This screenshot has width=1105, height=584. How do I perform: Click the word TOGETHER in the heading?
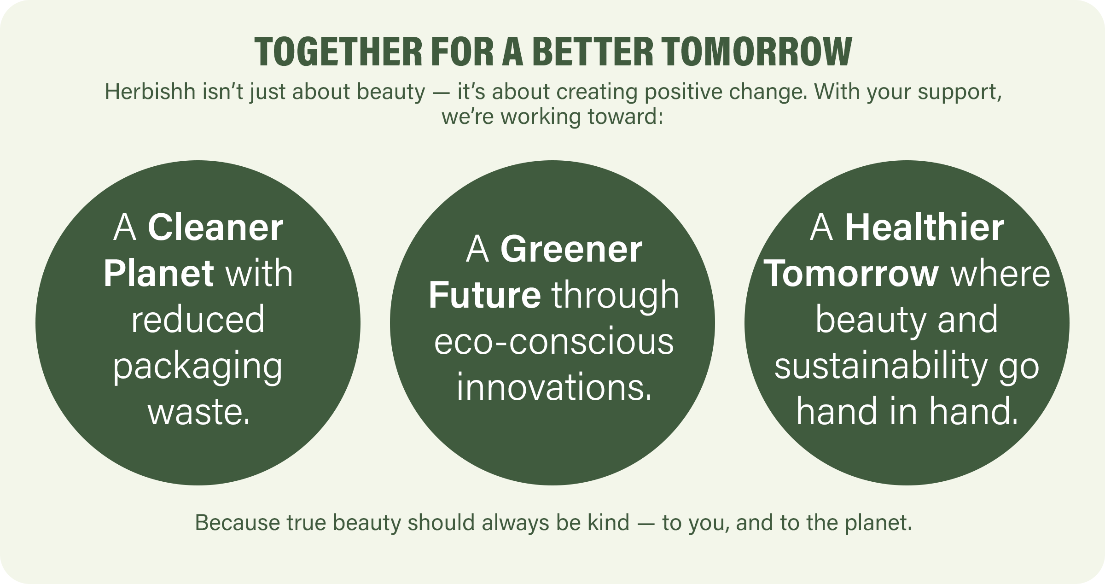[x=338, y=52]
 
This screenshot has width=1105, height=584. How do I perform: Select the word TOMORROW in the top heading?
[x=758, y=52]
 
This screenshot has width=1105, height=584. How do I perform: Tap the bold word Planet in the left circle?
[x=159, y=273]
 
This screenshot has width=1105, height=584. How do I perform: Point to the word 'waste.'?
[x=198, y=412]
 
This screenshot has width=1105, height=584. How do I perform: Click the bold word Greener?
[x=571, y=250]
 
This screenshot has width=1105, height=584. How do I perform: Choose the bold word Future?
[x=485, y=295]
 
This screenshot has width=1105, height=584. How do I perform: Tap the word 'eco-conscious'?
[x=554, y=342]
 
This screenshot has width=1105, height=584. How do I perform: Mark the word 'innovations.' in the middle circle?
[x=554, y=388]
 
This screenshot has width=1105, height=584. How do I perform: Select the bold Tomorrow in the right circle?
[x=852, y=274]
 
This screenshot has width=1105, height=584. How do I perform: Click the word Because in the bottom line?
[x=238, y=523]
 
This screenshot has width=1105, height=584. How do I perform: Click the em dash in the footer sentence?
[x=646, y=523]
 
